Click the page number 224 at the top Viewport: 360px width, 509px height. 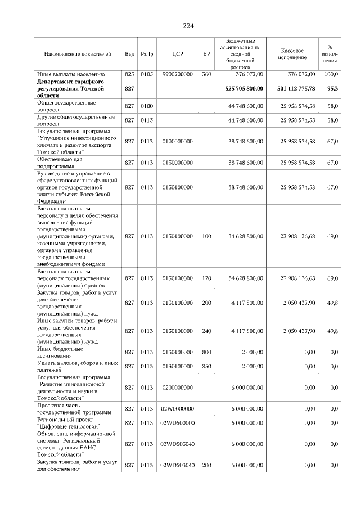point(188,25)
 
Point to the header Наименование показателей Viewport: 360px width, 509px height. point(78,54)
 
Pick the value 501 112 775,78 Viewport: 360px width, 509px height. point(296,89)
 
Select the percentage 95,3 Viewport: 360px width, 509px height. point(332,89)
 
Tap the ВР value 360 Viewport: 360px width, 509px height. point(206,74)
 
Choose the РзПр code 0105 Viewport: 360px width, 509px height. point(147,74)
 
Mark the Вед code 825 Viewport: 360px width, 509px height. point(129,74)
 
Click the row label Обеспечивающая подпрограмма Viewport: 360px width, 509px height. point(60,163)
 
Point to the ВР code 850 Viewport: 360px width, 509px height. point(206,367)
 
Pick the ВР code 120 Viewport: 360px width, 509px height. point(206,278)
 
